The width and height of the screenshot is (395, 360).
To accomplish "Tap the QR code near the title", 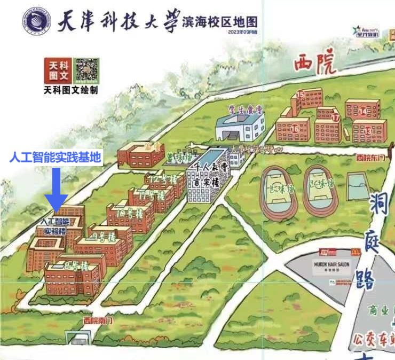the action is pos(86,71).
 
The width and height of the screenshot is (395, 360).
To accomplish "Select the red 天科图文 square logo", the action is pos(57,71).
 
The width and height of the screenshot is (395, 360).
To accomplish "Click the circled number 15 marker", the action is pos(301,95).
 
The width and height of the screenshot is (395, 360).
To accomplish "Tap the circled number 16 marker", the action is pos(294,128).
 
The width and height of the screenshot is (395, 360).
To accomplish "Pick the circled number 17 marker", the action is pos(335,118).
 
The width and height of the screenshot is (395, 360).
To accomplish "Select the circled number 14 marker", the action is pos(363,111).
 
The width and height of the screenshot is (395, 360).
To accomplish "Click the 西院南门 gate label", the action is pos(99,320).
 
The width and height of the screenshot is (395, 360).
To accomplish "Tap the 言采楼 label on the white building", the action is pos(207,181).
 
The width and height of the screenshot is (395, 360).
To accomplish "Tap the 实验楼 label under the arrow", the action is pos(55,231).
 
